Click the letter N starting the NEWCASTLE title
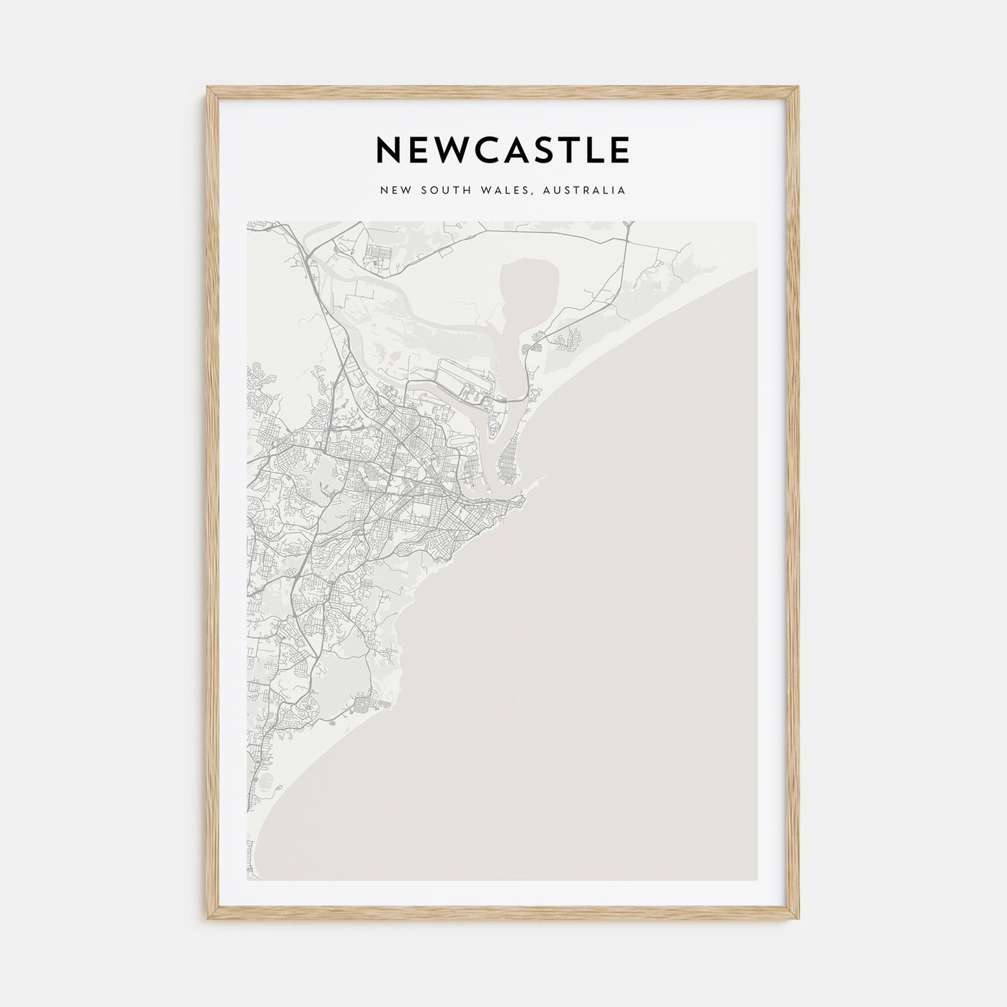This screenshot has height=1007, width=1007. click(x=389, y=150)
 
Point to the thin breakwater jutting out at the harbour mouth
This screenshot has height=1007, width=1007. click(x=535, y=480)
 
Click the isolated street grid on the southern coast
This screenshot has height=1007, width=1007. click(x=364, y=701)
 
